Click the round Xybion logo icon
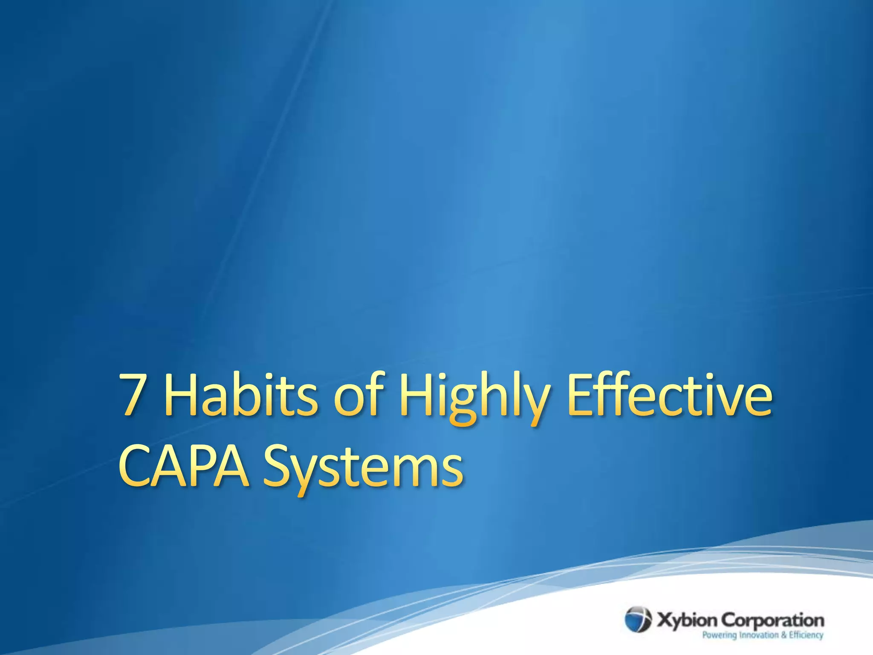tap(638, 619)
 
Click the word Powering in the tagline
tap(720, 635)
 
